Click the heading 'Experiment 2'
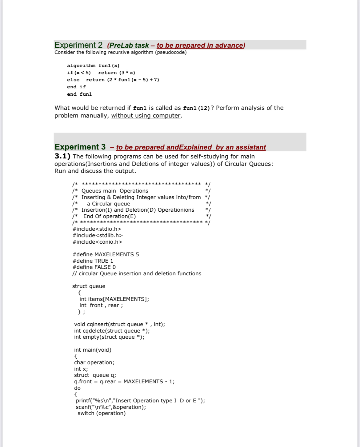[x=78, y=45]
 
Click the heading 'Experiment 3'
[x=80, y=147]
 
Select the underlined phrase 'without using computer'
[x=146, y=116]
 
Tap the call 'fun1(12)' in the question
[x=196, y=108]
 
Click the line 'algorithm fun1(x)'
[x=93, y=66]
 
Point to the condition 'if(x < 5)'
[x=79, y=73]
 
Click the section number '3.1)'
[x=62, y=156]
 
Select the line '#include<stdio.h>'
[x=97, y=229]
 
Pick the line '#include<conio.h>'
[x=97, y=242]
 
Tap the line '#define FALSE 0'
[x=94, y=267]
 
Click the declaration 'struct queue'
[x=89, y=286]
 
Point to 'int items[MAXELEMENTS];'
[x=114, y=299]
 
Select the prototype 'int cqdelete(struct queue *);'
[x=112, y=331]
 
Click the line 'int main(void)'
[x=93, y=350]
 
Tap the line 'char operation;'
[x=94, y=362]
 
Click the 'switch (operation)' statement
[x=102, y=413]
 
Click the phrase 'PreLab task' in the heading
[x=129, y=46]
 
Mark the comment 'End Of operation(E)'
[x=109, y=216]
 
